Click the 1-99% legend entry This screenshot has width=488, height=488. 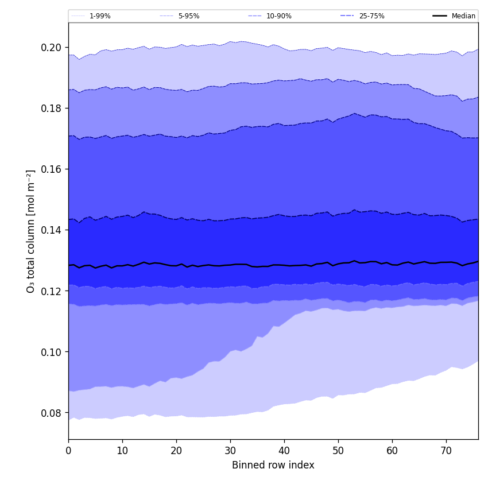100,16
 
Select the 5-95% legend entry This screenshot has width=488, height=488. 188,16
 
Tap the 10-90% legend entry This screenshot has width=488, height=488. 278,16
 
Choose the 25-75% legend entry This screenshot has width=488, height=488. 371,16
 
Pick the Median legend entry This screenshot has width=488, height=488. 463,16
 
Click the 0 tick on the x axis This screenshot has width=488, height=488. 68,451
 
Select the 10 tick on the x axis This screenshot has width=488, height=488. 122,451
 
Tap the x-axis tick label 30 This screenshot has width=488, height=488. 230,451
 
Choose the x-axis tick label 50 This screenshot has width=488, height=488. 338,451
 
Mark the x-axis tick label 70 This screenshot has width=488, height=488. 446,451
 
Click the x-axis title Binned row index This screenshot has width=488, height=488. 273,465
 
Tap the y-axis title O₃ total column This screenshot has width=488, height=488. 31,231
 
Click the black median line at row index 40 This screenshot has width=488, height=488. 284,265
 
